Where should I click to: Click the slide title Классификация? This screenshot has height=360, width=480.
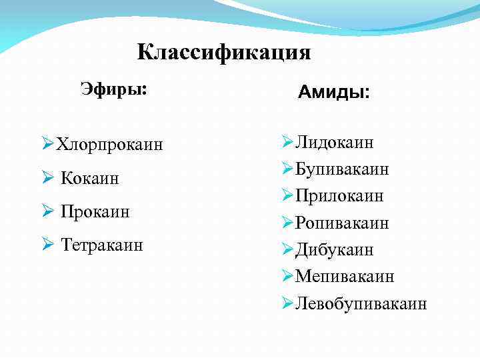[224, 52]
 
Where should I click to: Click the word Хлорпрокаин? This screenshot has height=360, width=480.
[109, 144]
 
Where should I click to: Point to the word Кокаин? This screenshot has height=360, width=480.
[90, 178]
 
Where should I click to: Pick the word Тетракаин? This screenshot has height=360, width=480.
[102, 245]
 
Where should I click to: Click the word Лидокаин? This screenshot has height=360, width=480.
[335, 142]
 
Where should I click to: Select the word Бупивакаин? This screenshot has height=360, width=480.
[343, 169]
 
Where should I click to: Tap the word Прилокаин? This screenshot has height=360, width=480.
[340, 196]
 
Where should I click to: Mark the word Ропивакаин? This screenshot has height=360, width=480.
[343, 223]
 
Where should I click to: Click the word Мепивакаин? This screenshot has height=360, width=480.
[345, 276]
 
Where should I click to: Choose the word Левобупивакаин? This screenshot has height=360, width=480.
[361, 303]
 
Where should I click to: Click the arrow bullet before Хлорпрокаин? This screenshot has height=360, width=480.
[47, 144]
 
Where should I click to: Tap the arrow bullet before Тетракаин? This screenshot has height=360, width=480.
[47, 245]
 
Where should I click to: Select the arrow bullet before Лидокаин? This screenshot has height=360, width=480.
[287, 142]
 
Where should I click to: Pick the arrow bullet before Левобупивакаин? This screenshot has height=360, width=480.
[287, 303]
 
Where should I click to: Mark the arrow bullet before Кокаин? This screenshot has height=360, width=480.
[47, 178]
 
